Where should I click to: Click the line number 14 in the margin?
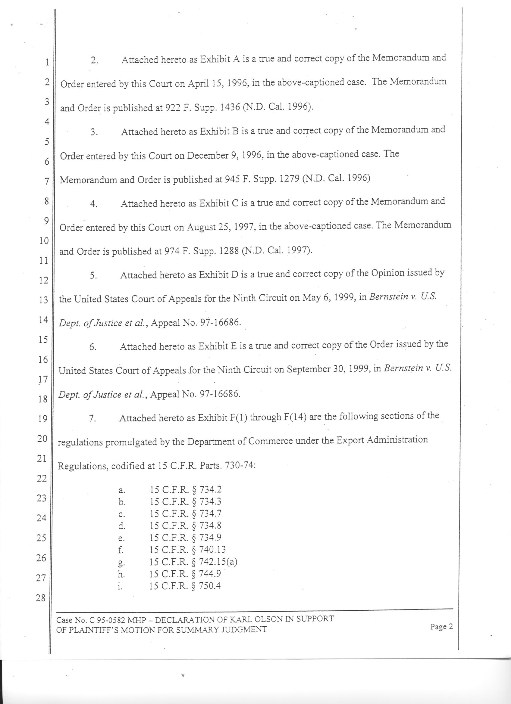tap(43, 319)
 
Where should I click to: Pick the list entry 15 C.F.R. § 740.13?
tap(188, 550)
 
